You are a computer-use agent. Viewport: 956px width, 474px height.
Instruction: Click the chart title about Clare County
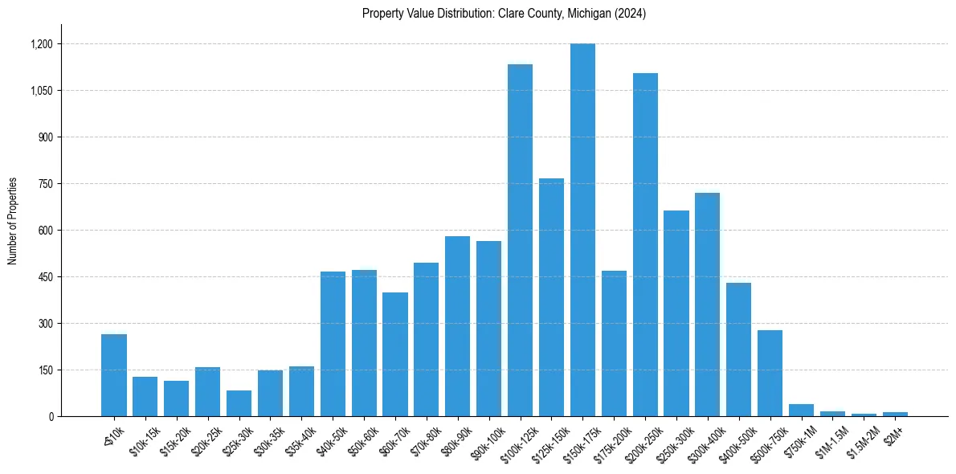click(x=504, y=14)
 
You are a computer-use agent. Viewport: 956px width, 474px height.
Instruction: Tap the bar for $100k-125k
click(x=520, y=240)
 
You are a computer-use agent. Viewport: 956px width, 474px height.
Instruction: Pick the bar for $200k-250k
click(x=645, y=245)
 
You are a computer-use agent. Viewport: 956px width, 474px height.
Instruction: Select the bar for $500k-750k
click(x=770, y=374)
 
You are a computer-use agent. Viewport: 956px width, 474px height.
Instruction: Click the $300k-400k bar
click(x=707, y=304)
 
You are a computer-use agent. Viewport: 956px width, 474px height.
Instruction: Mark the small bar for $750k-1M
click(x=801, y=410)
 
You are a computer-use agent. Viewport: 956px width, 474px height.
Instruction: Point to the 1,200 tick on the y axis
click(x=41, y=44)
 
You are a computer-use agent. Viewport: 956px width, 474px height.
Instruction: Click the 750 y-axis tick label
click(x=45, y=184)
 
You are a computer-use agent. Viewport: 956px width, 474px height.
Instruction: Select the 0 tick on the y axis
click(x=50, y=416)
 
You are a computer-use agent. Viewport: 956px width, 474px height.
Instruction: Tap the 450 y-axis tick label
click(x=45, y=277)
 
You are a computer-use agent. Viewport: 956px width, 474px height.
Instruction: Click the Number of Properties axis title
click(x=13, y=221)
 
